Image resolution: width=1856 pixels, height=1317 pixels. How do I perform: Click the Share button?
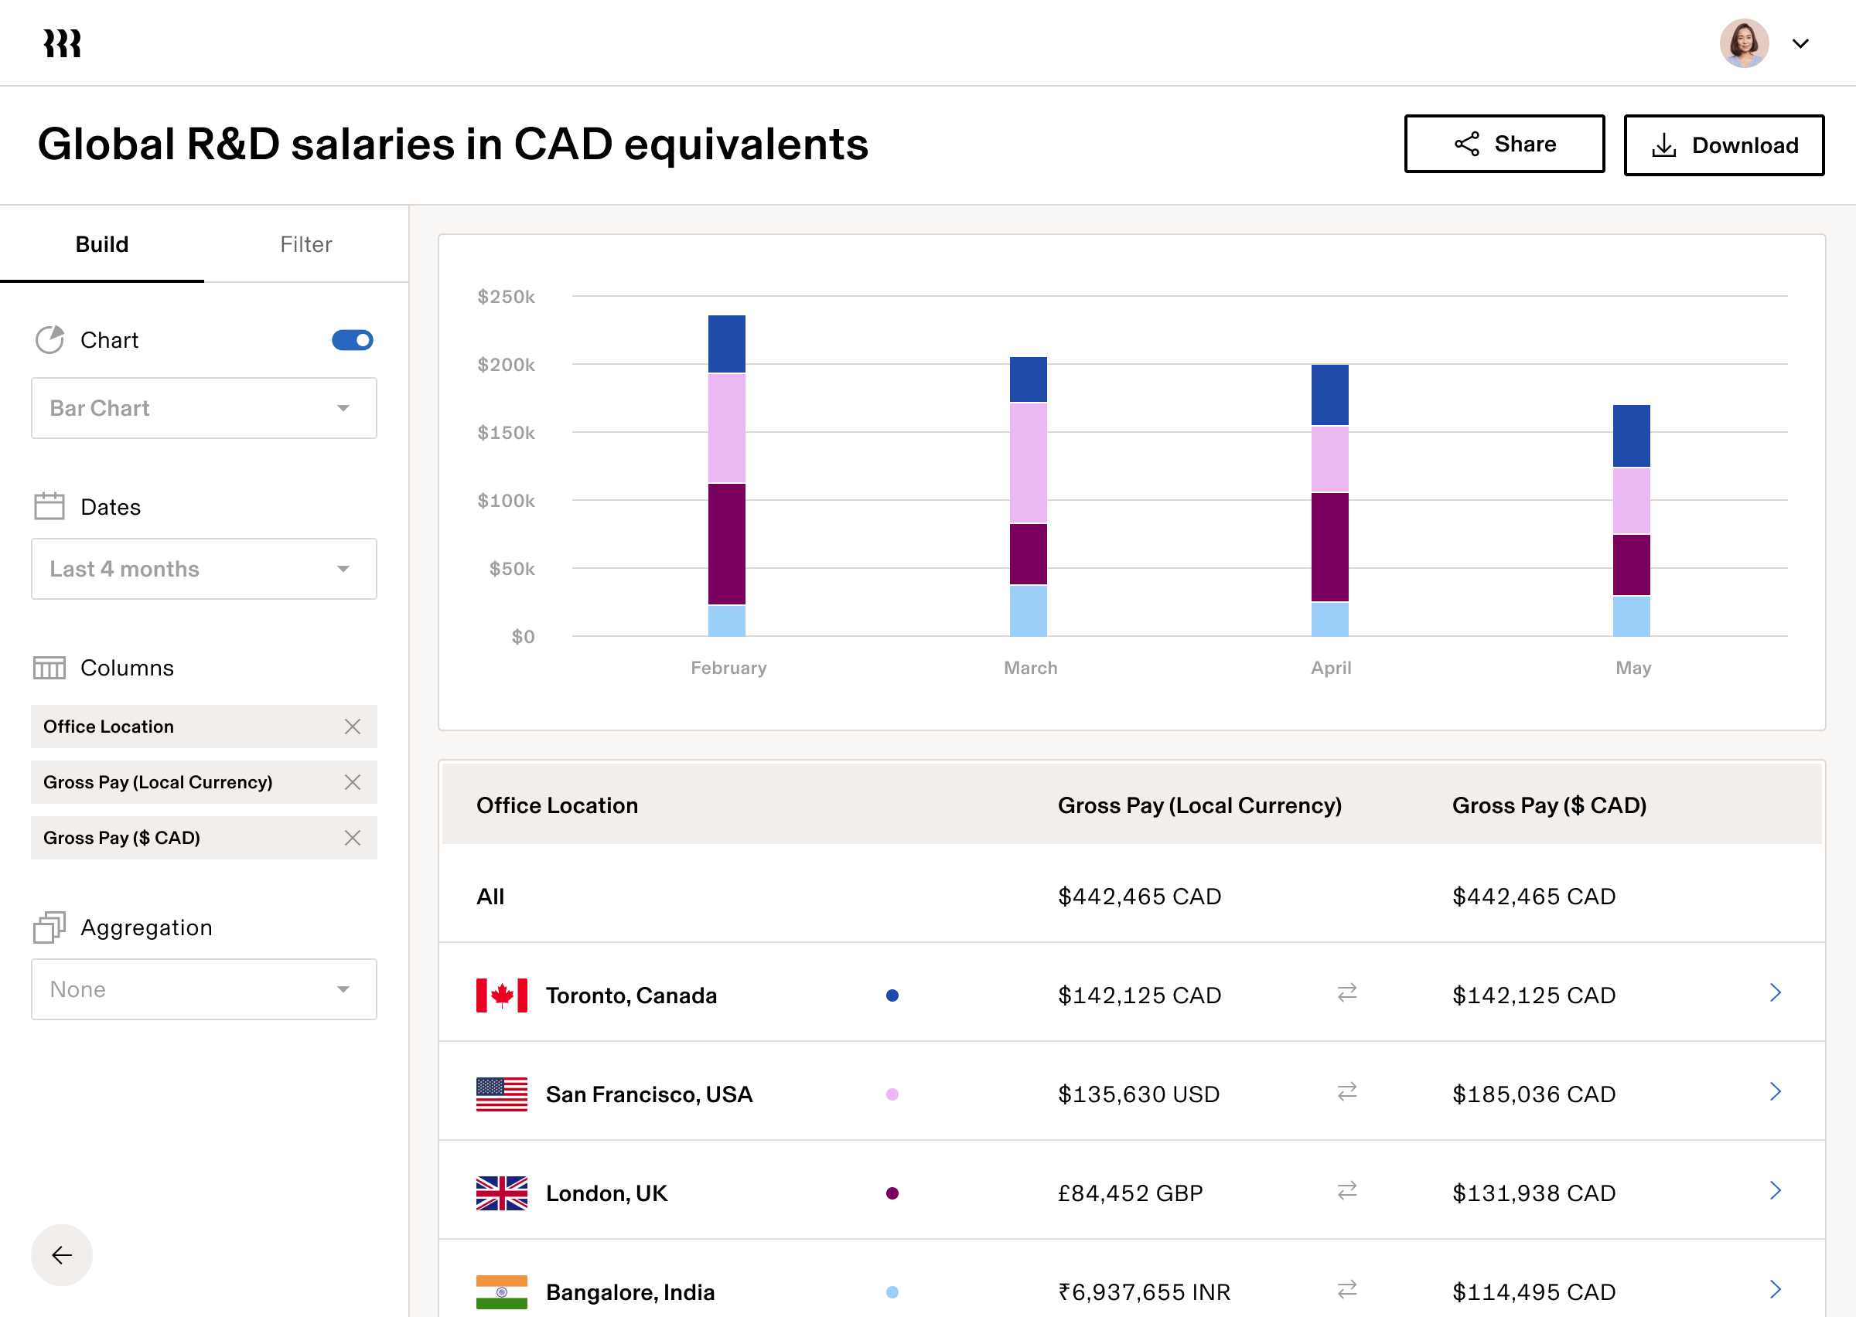click(x=1503, y=145)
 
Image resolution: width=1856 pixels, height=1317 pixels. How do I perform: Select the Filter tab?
click(x=305, y=244)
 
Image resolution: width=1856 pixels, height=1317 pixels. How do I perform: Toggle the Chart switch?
click(x=352, y=340)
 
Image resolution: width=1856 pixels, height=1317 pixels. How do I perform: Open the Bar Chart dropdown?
click(x=203, y=408)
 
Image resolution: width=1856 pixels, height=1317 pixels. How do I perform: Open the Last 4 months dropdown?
click(x=203, y=569)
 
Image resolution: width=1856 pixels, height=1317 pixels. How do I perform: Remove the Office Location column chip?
click(x=352, y=727)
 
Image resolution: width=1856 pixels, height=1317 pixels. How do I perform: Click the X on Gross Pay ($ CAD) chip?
click(x=352, y=838)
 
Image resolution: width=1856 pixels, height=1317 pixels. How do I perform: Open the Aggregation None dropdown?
click(x=203, y=989)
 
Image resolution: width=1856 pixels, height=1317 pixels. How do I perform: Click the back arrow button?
click(x=62, y=1254)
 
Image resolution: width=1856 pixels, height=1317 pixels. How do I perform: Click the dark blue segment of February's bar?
click(x=726, y=344)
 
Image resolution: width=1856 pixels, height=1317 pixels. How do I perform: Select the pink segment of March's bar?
click(x=1028, y=462)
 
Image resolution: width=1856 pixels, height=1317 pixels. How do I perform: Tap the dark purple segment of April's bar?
click(x=1329, y=546)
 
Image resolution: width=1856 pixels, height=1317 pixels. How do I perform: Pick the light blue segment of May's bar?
click(x=1631, y=616)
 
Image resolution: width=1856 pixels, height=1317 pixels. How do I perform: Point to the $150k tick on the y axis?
click(x=507, y=433)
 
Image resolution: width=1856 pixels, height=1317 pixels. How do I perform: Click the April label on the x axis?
click(x=1330, y=668)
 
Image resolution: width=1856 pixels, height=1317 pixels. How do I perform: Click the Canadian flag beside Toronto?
click(x=501, y=995)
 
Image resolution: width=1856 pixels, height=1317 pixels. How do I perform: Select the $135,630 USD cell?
click(x=1138, y=1094)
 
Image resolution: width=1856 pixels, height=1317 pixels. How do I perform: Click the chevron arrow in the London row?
click(x=1775, y=1190)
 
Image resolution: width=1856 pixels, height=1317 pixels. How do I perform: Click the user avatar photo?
click(x=1743, y=43)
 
